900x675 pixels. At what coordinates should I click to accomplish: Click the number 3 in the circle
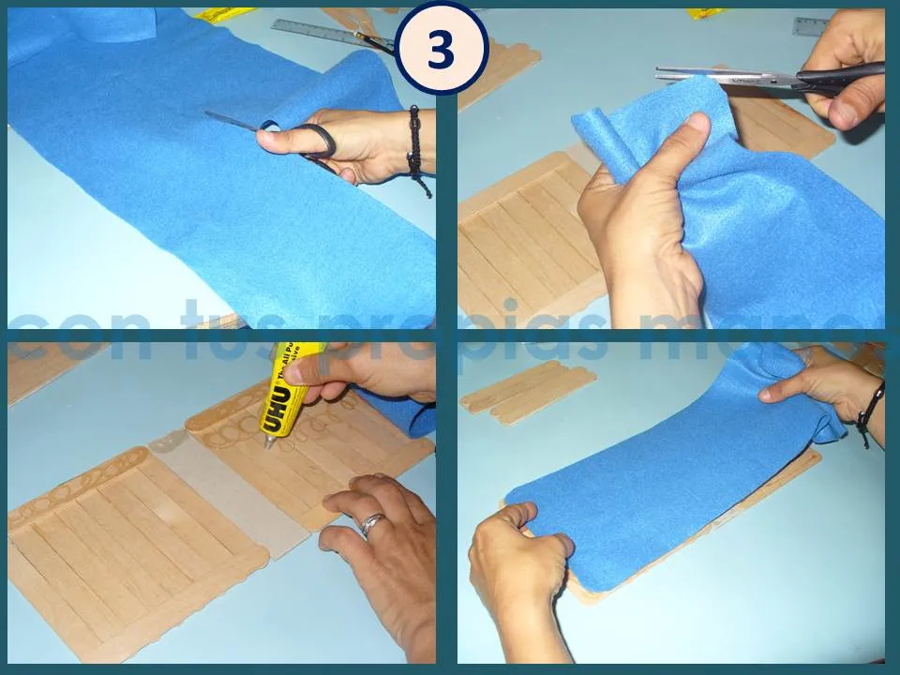click(441, 50)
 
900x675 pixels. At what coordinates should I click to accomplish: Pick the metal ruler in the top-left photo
click(319, 32)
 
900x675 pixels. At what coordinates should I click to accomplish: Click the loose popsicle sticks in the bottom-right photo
click(530, 386)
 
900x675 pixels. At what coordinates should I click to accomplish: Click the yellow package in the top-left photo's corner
click(225, 14)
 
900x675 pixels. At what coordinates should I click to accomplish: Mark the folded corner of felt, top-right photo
click(600, 131)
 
